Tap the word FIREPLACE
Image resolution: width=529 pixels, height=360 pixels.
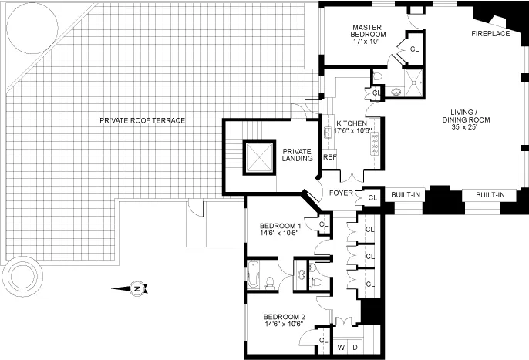pos(490,35)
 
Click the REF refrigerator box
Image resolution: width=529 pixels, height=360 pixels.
pos(330,157)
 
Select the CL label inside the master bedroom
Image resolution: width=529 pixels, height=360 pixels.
pos(414,49)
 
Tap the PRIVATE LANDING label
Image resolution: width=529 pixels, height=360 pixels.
pos(297,155)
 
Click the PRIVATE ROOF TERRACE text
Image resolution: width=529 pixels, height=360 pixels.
pos(142,120)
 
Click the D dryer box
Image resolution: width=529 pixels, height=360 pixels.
pos(355,348)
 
